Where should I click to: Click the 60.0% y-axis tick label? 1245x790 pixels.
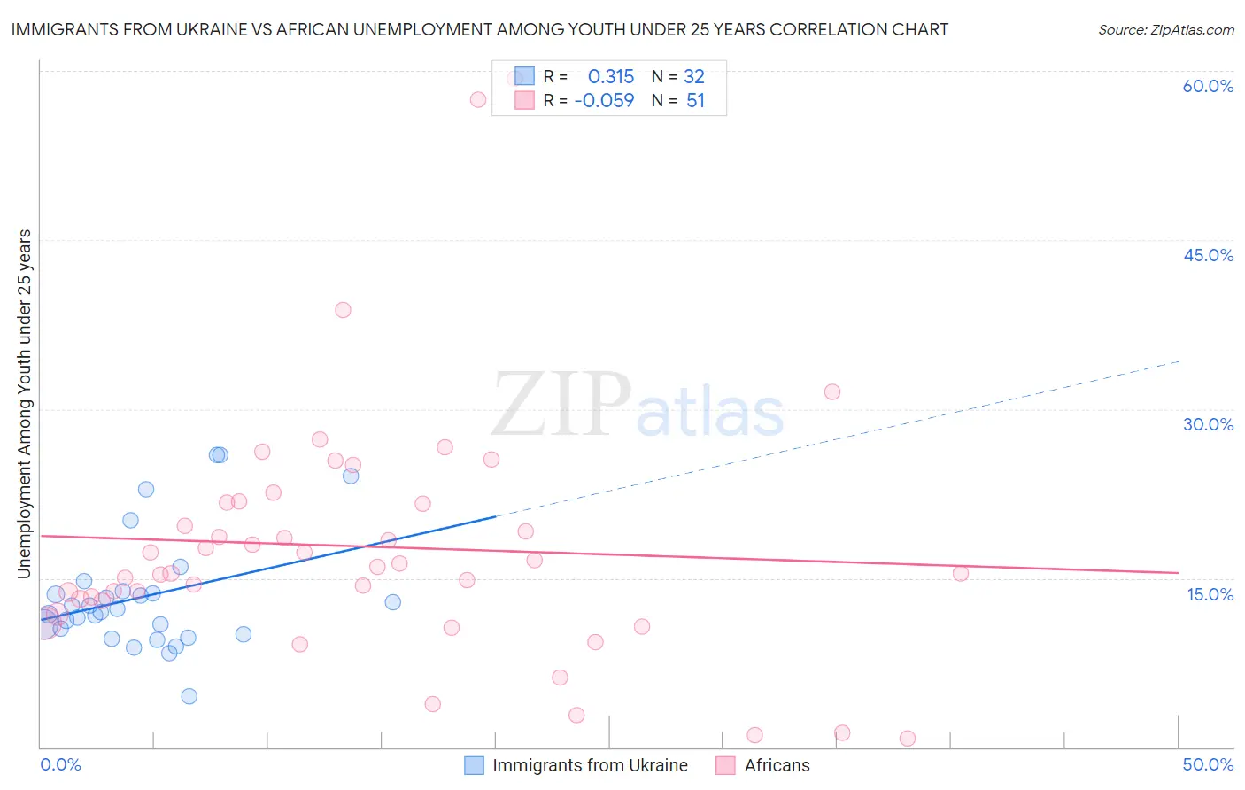point(1208,87)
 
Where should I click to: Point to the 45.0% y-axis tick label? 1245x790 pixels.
point(1208,255)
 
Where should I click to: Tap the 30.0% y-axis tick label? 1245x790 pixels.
point(1208,424)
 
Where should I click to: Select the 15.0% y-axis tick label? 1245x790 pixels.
point(1210,594)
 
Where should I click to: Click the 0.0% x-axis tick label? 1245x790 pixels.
point(60,764)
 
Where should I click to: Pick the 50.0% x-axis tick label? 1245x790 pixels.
point(1208,764)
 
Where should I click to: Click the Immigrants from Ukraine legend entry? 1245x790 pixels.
point(576,765)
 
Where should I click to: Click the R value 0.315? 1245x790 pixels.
point(611,77)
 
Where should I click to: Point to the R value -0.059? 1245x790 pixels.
point(604,101)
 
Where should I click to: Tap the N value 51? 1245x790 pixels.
point(695,101)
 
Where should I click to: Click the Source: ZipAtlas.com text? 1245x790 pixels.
point(1165,30)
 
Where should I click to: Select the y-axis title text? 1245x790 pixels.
point(25,404)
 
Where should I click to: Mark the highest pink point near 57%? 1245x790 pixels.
point(478,99)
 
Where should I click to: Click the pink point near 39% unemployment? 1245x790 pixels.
point(343,310)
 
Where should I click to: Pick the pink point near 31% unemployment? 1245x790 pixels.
point(832,391)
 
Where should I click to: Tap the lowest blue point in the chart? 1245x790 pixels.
point(189,696)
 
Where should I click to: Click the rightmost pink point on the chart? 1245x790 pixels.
point(961,573)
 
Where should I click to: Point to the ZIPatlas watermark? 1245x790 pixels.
point(638,406)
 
